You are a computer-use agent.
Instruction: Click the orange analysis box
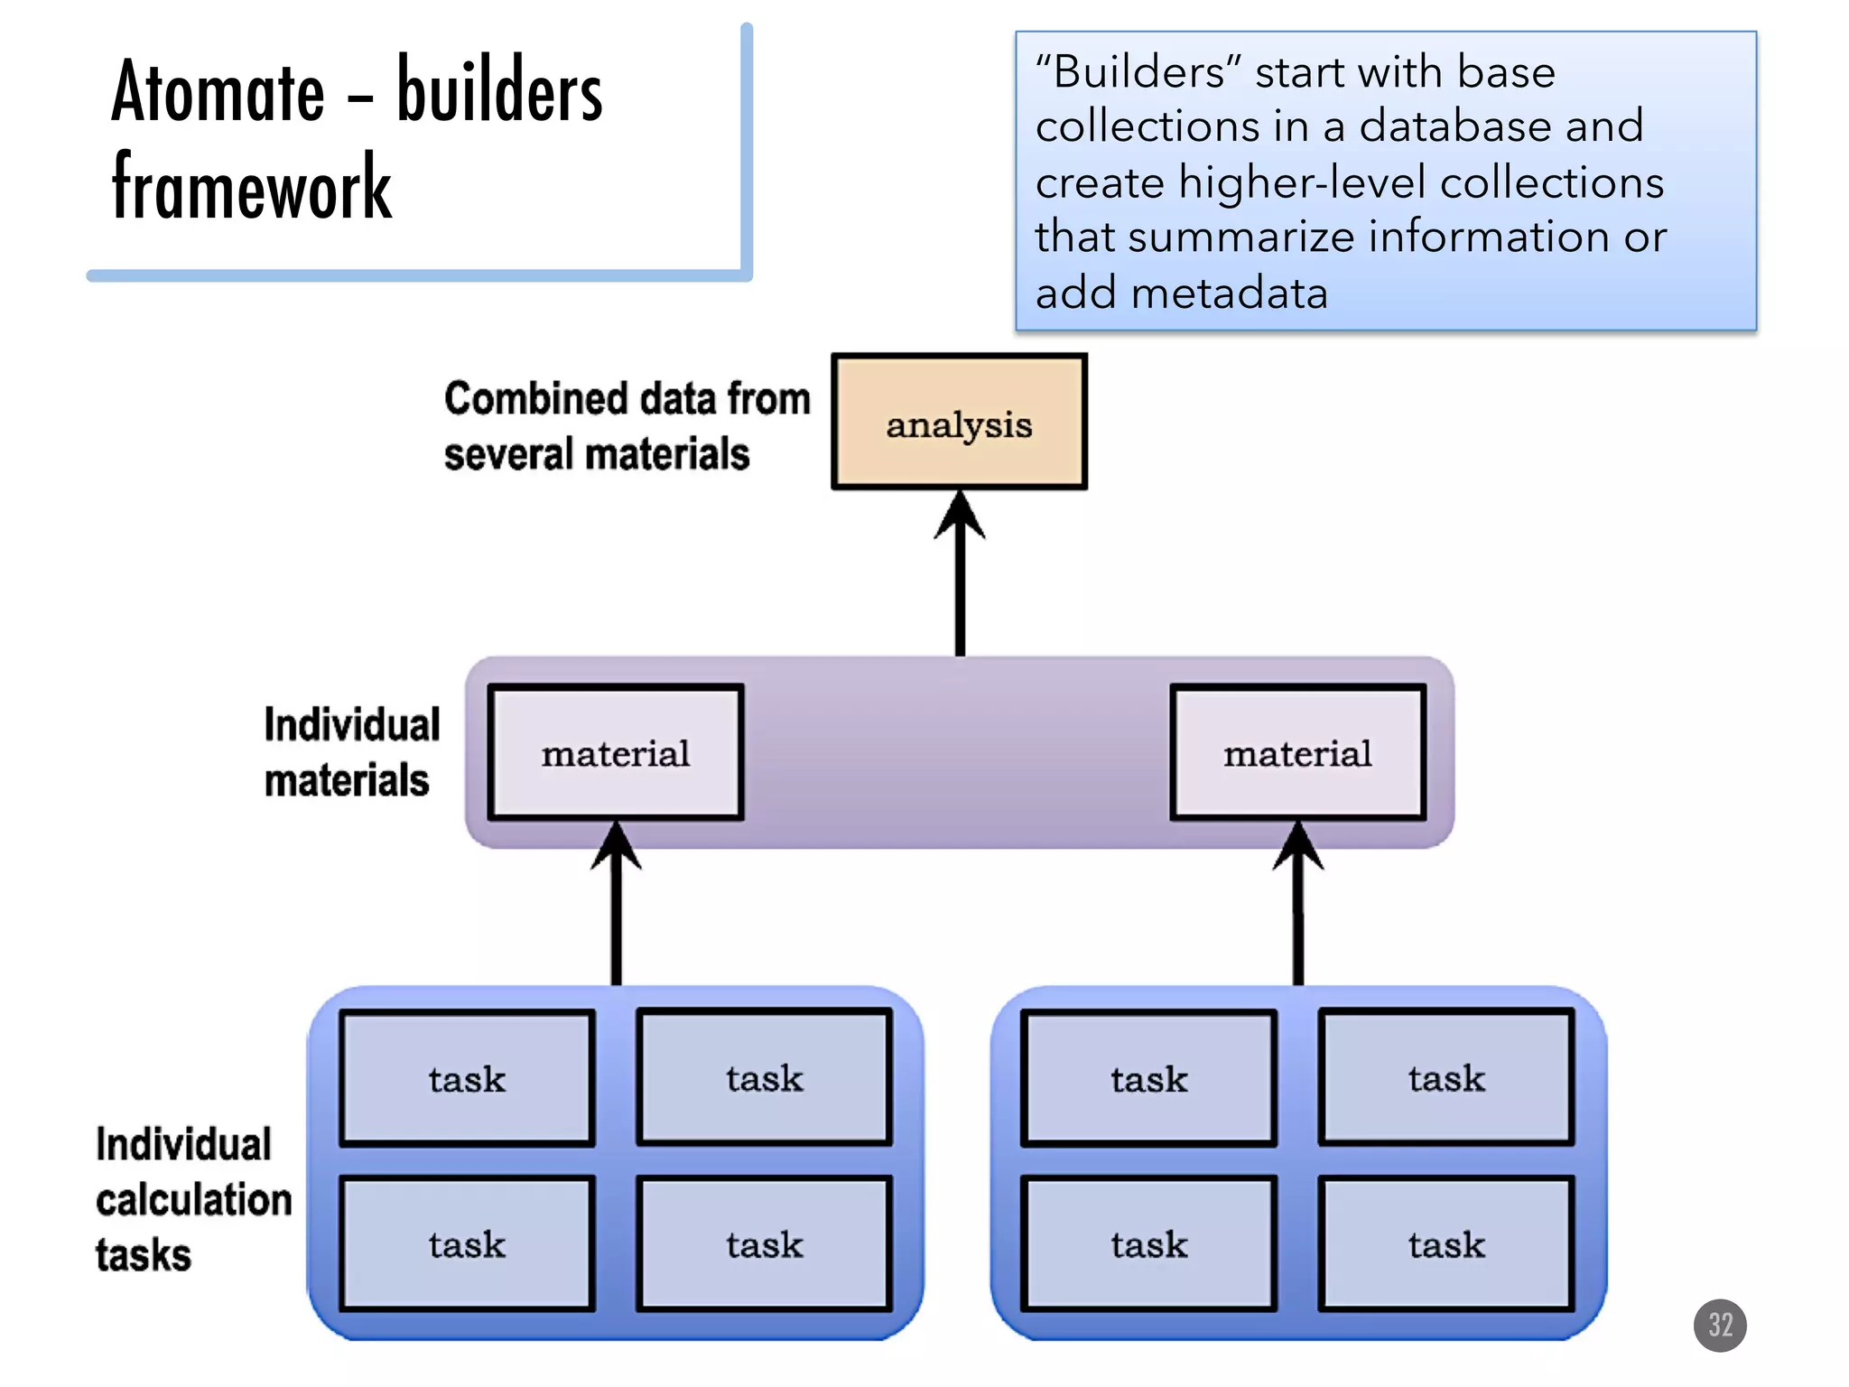[959, 423]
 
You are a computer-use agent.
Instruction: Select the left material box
[616, 752]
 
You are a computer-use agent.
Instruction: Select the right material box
[1297, 752]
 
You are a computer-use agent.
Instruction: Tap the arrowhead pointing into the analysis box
[960, 515]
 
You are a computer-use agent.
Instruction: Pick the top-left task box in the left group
[467, 1078]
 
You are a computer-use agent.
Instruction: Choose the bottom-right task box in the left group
[764, 1244]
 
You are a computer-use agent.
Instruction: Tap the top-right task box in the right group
[1446, 1078]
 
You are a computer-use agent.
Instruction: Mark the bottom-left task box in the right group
[1148, 1244]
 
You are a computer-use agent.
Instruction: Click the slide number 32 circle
[1720, 1325]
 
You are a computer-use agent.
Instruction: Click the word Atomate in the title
[218, 92]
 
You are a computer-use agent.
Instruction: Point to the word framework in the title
[252, 188]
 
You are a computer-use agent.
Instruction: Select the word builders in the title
[499, 90]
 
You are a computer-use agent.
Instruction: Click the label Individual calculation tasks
[192, 1199]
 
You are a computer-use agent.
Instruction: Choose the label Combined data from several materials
[626, 425]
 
